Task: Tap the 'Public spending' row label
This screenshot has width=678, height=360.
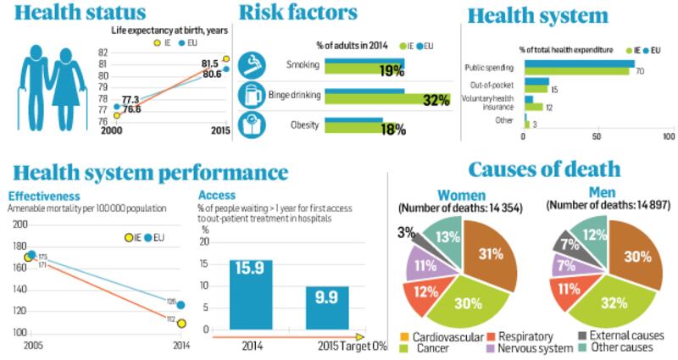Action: click(490, 67)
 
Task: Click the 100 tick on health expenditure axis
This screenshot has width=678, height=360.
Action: click(668, 136)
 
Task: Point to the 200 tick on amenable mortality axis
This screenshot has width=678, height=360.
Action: click(18, 224)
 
